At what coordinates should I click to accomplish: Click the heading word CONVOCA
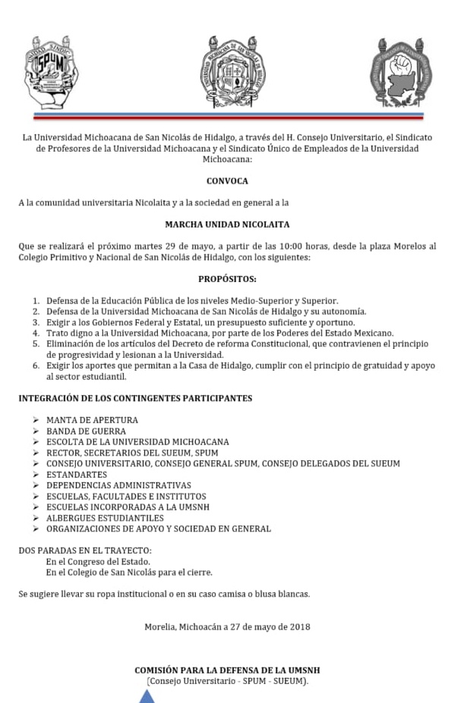coord(227,181)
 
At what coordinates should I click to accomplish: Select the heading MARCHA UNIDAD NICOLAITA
coord(227,224)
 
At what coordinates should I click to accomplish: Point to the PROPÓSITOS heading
coord(227,279)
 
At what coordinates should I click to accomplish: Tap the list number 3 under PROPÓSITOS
coord(36,322)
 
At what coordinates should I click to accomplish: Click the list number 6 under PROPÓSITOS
coord(36,366)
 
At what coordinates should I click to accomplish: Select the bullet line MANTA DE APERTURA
coord(92,420)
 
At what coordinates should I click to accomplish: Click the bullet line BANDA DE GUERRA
coord(86,431)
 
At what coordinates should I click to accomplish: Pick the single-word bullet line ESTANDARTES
coord(76,475)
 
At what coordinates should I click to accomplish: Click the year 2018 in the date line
coord(298,626)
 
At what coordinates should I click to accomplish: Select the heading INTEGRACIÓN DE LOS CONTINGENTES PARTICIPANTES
coord(135,398)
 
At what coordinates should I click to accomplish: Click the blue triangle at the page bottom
coord(147,696)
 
